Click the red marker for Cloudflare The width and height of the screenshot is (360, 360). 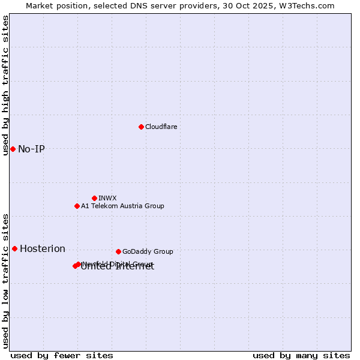click(141, 127)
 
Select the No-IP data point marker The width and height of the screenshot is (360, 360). click(13, 149)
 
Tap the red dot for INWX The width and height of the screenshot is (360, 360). click(94, 198)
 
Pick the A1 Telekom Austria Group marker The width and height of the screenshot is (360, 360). click(77, 206)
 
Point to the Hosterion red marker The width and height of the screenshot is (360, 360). click(14, 248)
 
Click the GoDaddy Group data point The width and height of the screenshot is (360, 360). click(118, 251)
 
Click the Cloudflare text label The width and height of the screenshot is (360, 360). click(161, 127)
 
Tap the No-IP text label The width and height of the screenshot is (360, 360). click(31, 149)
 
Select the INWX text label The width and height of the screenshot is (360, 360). click(107, 198)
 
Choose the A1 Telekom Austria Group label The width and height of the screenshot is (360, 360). click(122, 206)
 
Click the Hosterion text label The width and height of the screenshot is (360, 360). click(43, 248)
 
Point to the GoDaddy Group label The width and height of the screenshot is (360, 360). click(148, 251)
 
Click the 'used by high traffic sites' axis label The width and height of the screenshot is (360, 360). click(6, 85)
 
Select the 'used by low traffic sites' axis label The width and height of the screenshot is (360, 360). click(6, 280)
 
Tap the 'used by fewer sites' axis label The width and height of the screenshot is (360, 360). click(62, 355)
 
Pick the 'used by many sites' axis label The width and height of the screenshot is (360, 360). click(301, 355)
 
